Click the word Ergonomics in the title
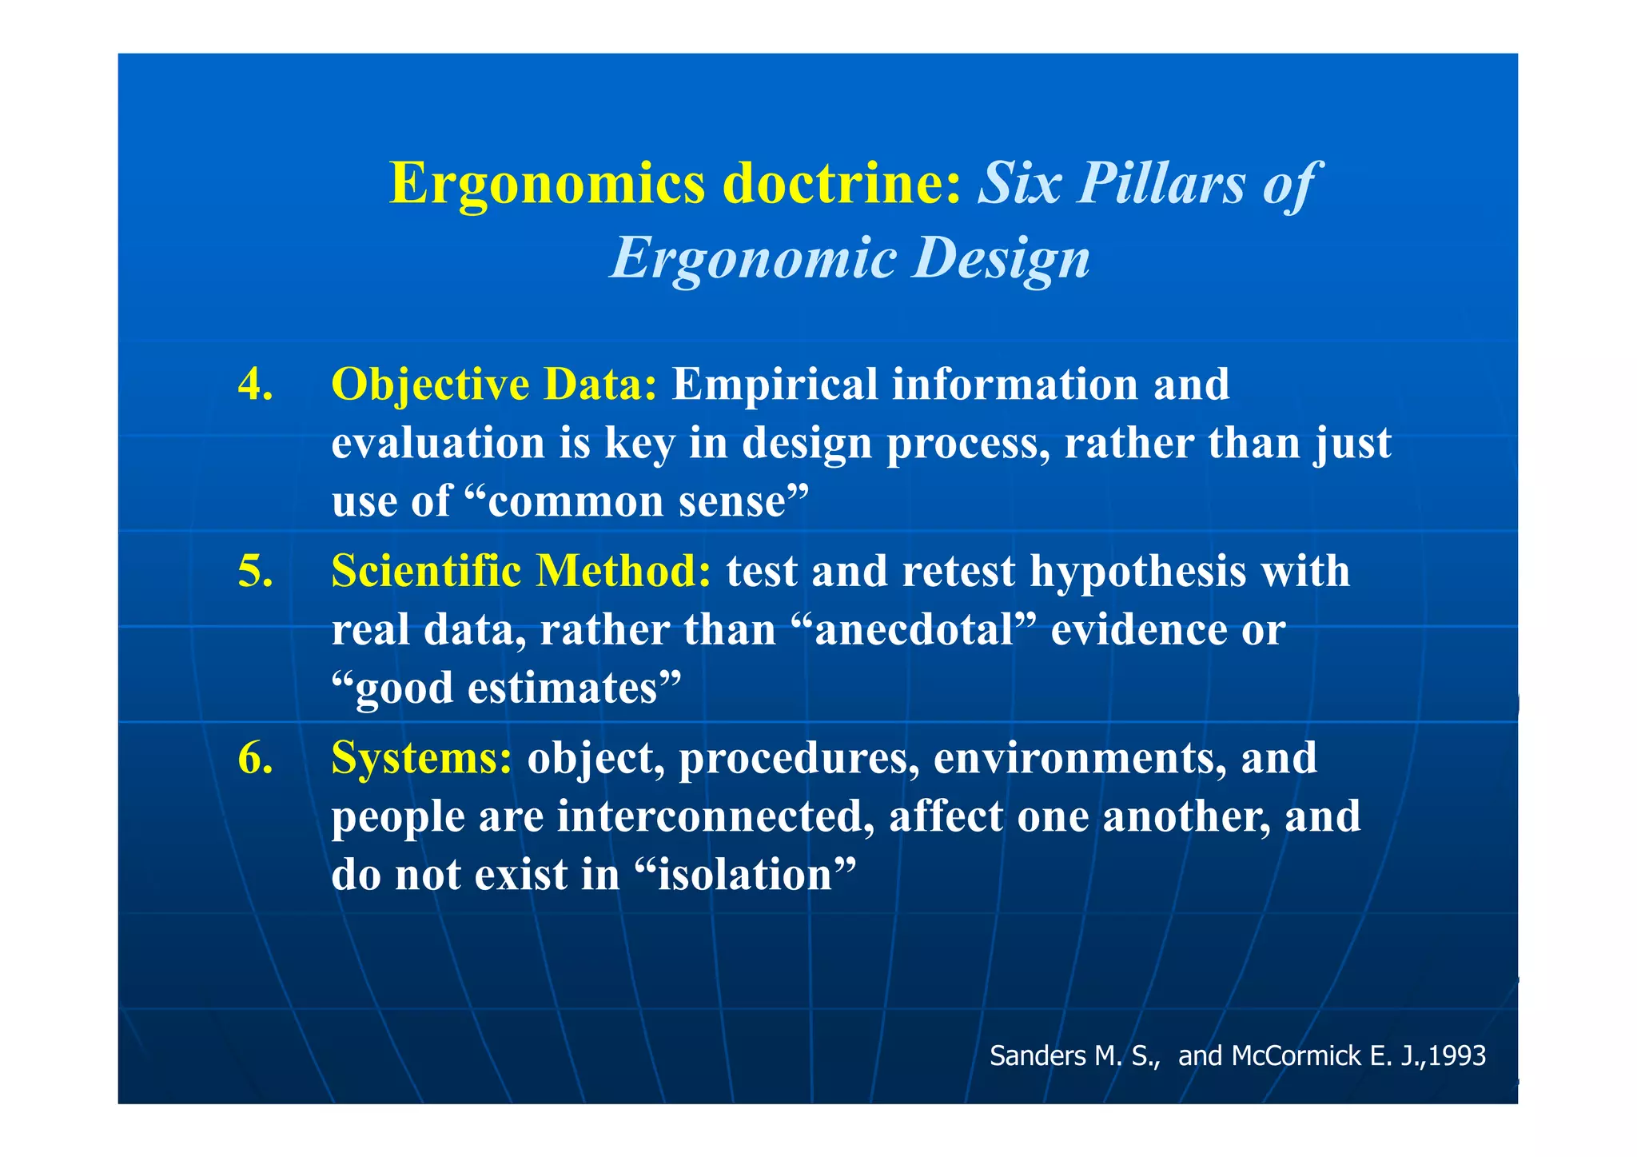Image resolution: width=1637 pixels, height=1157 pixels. [547, 184]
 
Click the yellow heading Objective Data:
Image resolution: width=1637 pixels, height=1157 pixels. [494, 384]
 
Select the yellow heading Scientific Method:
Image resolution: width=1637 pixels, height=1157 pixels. [521, 572]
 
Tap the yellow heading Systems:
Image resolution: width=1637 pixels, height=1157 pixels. [421, 758]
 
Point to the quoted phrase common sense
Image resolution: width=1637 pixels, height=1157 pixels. [637, 502]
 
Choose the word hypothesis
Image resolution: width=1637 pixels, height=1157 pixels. [1137, 572]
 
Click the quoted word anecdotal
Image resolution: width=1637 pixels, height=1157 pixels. [914, 630]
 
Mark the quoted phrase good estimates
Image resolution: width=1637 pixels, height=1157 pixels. [507, 688]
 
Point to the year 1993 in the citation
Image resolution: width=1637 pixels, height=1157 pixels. [1456, 1056]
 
